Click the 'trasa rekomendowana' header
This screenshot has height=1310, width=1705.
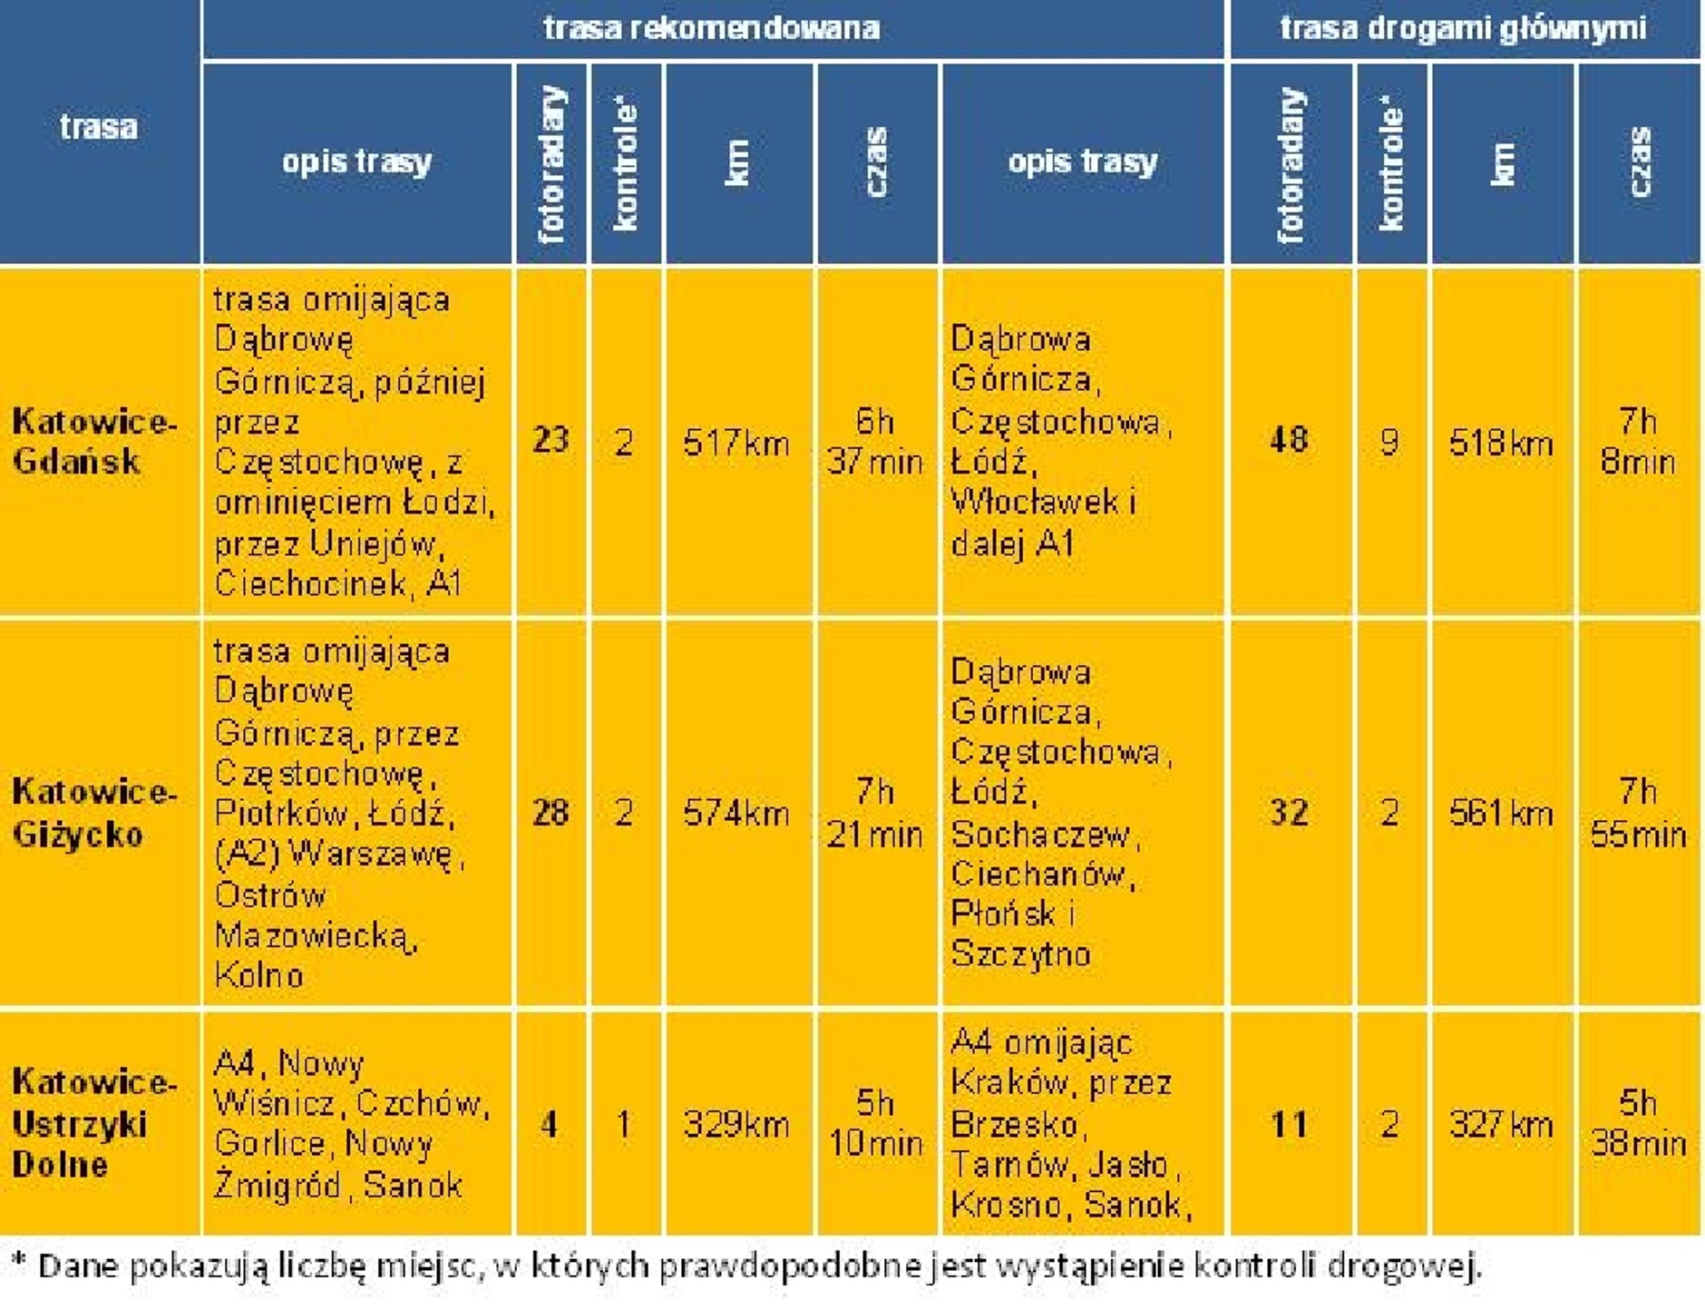click(712, 28)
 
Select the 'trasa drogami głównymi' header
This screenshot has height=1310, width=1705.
click(1463, 28)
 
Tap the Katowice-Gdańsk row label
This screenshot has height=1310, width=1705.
click(94, 442)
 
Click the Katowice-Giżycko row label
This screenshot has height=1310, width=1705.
click(94, 813)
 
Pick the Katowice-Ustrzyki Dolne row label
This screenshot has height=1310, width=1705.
click(94, 1123)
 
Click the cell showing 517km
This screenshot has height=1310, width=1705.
click(736, 444)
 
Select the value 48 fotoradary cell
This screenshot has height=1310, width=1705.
click(1289, 440)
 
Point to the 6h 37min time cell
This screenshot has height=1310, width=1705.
click(875, 442)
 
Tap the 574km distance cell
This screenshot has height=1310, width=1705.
click(736, 814)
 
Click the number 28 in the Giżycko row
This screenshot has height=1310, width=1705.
click(550, 812)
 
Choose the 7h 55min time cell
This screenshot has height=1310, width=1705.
click(1638, 813)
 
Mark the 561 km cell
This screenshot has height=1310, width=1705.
click(1501, 814)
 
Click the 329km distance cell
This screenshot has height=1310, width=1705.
click(736, 1125)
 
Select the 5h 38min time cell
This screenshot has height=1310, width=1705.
click(1638, 1123)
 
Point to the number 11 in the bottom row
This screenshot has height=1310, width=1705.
click(1289, 1125)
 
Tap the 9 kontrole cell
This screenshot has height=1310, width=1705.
click(1389, 442)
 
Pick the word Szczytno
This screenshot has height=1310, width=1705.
click(1020, 954)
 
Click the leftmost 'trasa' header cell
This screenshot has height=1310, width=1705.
click(99, 127)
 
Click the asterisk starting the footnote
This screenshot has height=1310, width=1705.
click(18, 1262)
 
